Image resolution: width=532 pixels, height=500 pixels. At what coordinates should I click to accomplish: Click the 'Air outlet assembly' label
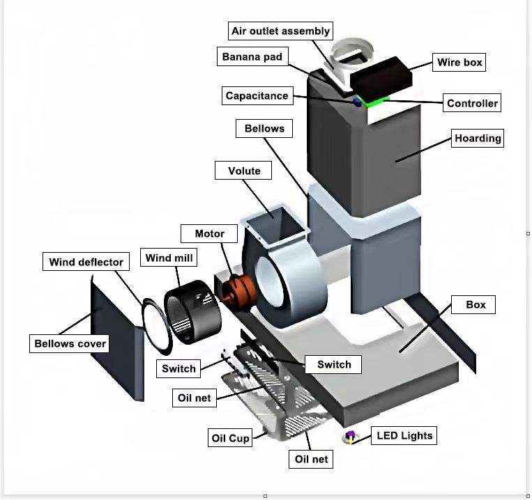[x=280, y=31]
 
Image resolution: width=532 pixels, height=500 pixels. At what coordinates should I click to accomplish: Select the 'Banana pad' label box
[x=252, y=56]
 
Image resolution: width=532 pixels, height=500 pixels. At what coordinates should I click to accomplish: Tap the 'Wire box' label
[x=459, y=62]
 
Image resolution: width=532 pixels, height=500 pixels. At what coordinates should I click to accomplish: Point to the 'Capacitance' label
[x=257, y=96]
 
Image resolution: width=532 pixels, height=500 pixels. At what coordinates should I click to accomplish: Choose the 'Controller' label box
[x=472, y=103]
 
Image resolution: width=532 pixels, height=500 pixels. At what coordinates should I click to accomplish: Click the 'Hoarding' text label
[x=478, y=138]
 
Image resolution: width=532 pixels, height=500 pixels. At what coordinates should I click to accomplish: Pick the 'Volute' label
[x=244, y=171]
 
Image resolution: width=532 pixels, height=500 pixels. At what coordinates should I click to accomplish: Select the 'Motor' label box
[x=209, y=233]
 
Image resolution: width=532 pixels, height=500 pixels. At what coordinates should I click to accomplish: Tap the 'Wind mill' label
[x=169, y=258]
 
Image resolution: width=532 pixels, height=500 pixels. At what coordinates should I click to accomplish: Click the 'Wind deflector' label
[x=86, y=262]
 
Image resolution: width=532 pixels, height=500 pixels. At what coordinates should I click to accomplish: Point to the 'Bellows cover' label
[x=70, y=343]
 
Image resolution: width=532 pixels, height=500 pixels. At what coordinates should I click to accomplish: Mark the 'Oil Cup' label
[x=230, y=438]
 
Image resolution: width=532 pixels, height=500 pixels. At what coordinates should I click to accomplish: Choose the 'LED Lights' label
[x=404, y=436]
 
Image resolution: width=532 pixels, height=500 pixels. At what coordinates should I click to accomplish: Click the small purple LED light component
[x=350, y=437]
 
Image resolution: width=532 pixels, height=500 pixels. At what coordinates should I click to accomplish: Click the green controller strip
[x=377, y=102]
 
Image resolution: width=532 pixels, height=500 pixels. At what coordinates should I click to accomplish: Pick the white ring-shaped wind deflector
[x=157, y=324]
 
